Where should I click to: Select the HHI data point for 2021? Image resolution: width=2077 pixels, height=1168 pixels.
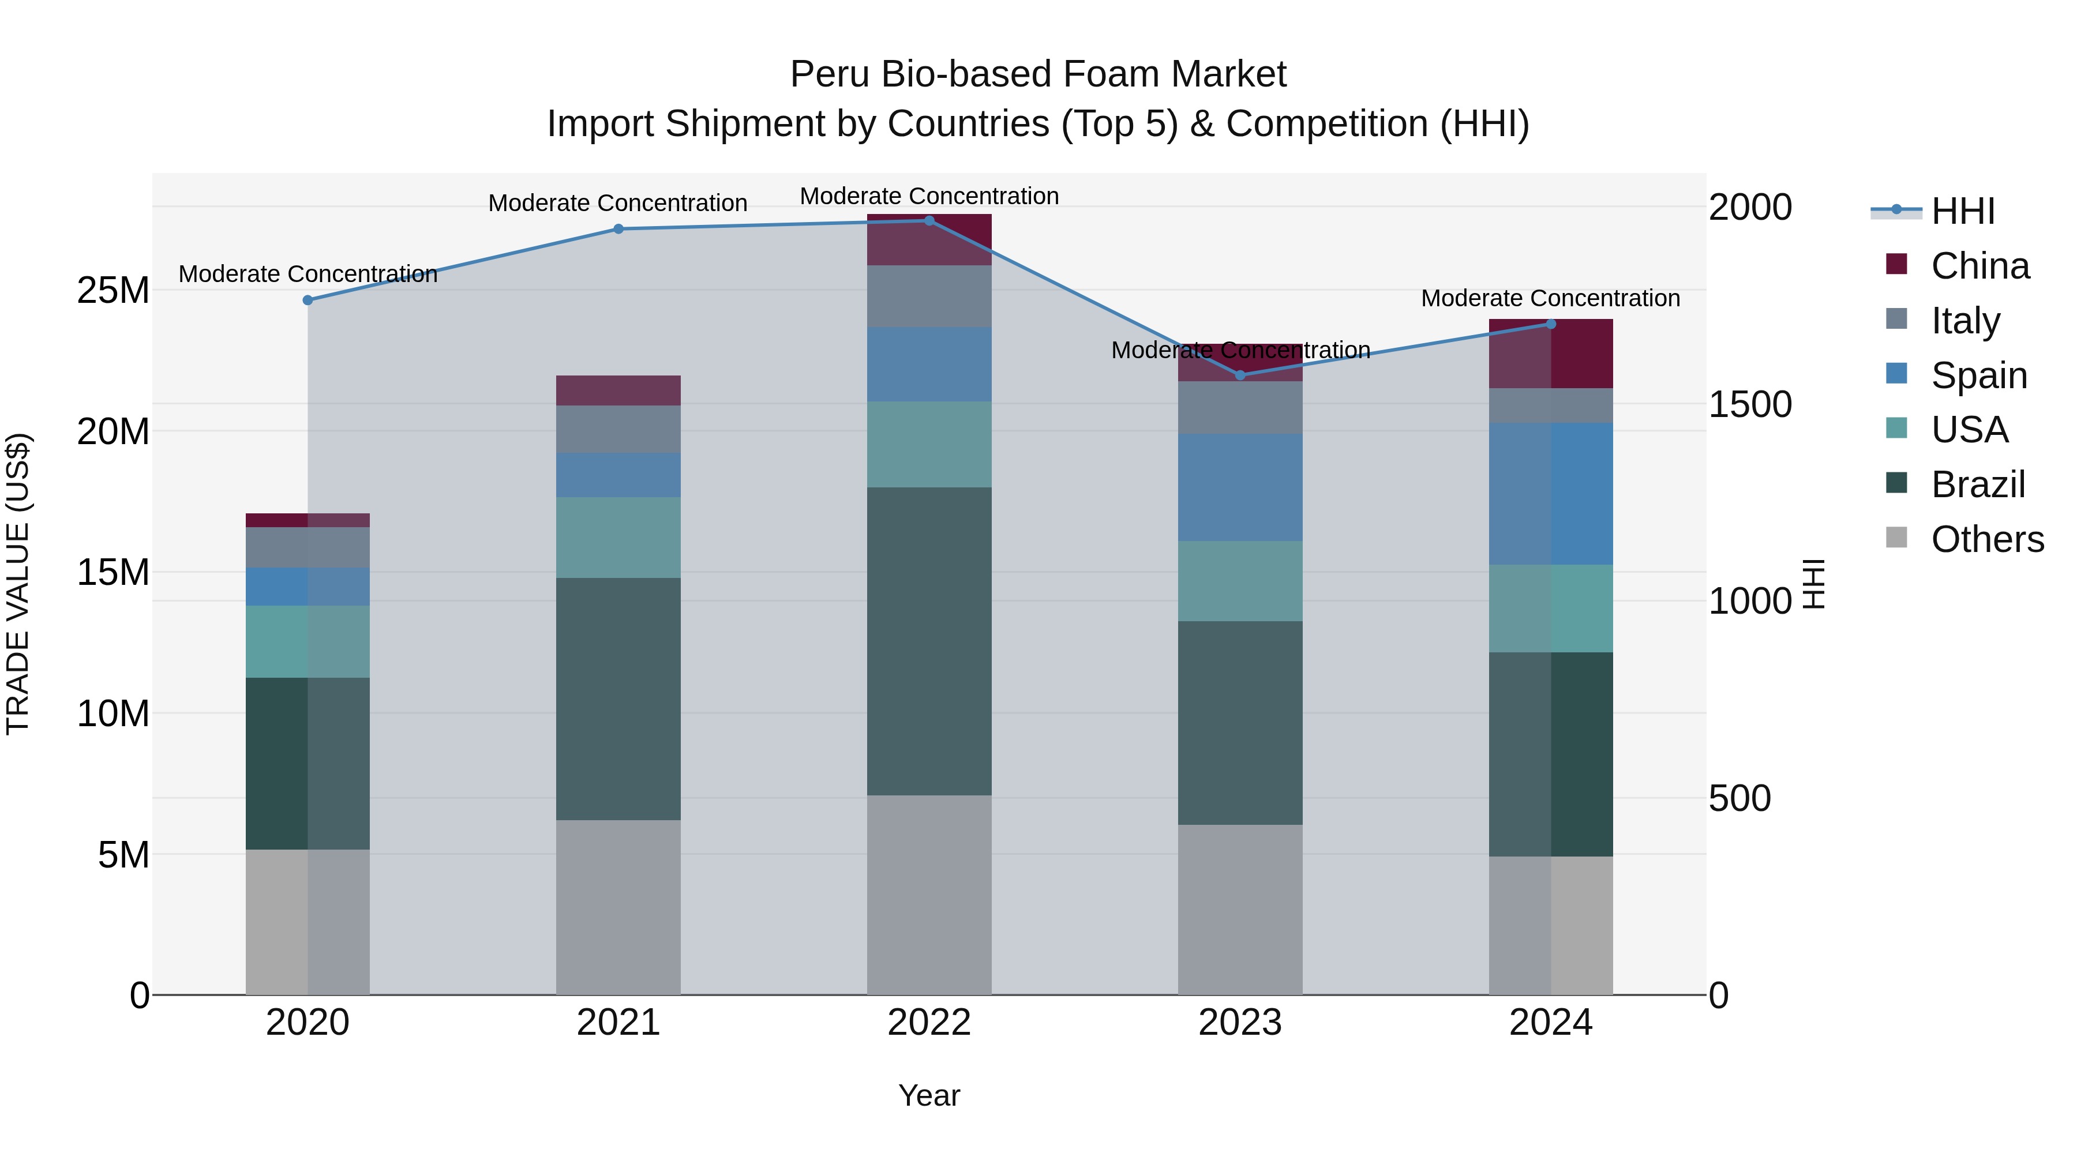(x=618, y=229)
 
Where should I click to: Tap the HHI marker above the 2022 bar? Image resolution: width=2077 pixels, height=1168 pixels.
(x=929, y=221)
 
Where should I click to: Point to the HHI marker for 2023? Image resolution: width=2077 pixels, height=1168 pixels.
(x=1240, y=375)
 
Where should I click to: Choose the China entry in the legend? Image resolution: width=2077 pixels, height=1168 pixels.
(x=1979, y=266)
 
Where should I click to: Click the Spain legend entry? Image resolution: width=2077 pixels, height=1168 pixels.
(x=1979, y=375)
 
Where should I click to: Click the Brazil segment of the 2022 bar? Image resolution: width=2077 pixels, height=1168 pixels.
(x=929, y=641)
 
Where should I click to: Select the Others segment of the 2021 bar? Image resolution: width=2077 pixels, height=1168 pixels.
(x=618, y=907)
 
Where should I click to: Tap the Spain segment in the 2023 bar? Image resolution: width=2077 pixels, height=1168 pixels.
(x=1240, y=487)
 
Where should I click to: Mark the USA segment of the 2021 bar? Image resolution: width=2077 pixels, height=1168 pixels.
(x=618, y=537)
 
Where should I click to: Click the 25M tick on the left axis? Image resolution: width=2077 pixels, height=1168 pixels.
(x=113, y=290)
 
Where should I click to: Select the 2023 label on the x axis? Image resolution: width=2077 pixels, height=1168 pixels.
(x=1240, y=1023)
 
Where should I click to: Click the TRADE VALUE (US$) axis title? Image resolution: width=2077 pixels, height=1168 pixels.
(x=18, y=584)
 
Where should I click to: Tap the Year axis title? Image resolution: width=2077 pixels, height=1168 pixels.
(x=929, y=1095)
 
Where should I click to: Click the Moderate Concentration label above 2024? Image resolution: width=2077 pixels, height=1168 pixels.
(x=1550, y=298)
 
